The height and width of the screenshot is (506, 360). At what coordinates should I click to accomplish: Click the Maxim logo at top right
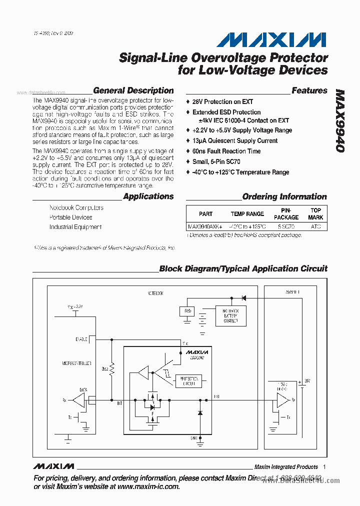pos(272,40)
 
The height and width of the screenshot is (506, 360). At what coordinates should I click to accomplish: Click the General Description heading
pos(133,91)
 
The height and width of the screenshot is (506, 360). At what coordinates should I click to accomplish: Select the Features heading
pos(309,91)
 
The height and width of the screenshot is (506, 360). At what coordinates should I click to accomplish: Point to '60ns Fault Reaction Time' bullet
pos(226,151)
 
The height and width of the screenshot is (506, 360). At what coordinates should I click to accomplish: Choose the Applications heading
pos(148,196)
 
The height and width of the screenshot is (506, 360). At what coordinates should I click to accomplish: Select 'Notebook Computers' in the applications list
pos(76,207)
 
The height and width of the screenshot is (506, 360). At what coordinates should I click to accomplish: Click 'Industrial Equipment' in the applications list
pos(75,227)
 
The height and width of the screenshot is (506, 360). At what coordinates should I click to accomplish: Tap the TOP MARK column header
pos(315,214)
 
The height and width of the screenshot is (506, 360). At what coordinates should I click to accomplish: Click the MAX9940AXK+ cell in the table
pos(204,226)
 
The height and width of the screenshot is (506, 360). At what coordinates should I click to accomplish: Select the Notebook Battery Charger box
pos(230,315)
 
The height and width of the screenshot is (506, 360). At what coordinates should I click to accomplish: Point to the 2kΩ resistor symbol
pos(112,369)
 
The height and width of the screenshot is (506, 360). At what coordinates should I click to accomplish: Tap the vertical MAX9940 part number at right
pos(340,122)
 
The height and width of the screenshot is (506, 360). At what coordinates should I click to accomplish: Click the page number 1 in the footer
pos(324,466)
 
